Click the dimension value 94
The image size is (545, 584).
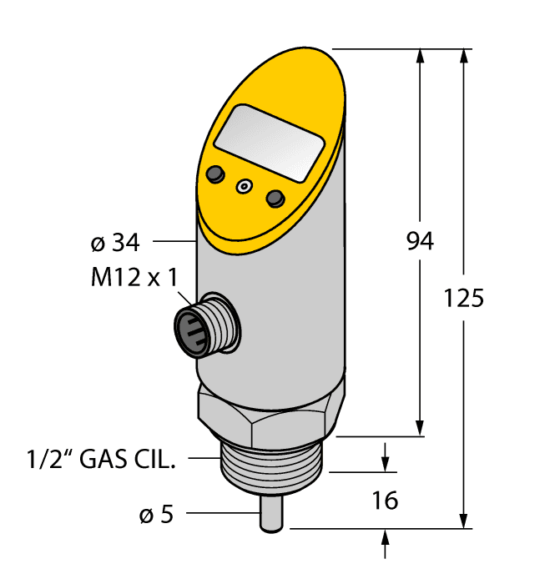(420, 242)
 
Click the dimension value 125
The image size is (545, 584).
(464, 297)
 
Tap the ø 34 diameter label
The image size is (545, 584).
(114, 243)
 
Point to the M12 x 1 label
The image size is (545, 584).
(134, 278)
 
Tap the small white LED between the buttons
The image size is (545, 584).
(245, 186)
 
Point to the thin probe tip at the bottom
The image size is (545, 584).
(271, 514)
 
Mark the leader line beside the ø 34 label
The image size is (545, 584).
(172, 243)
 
